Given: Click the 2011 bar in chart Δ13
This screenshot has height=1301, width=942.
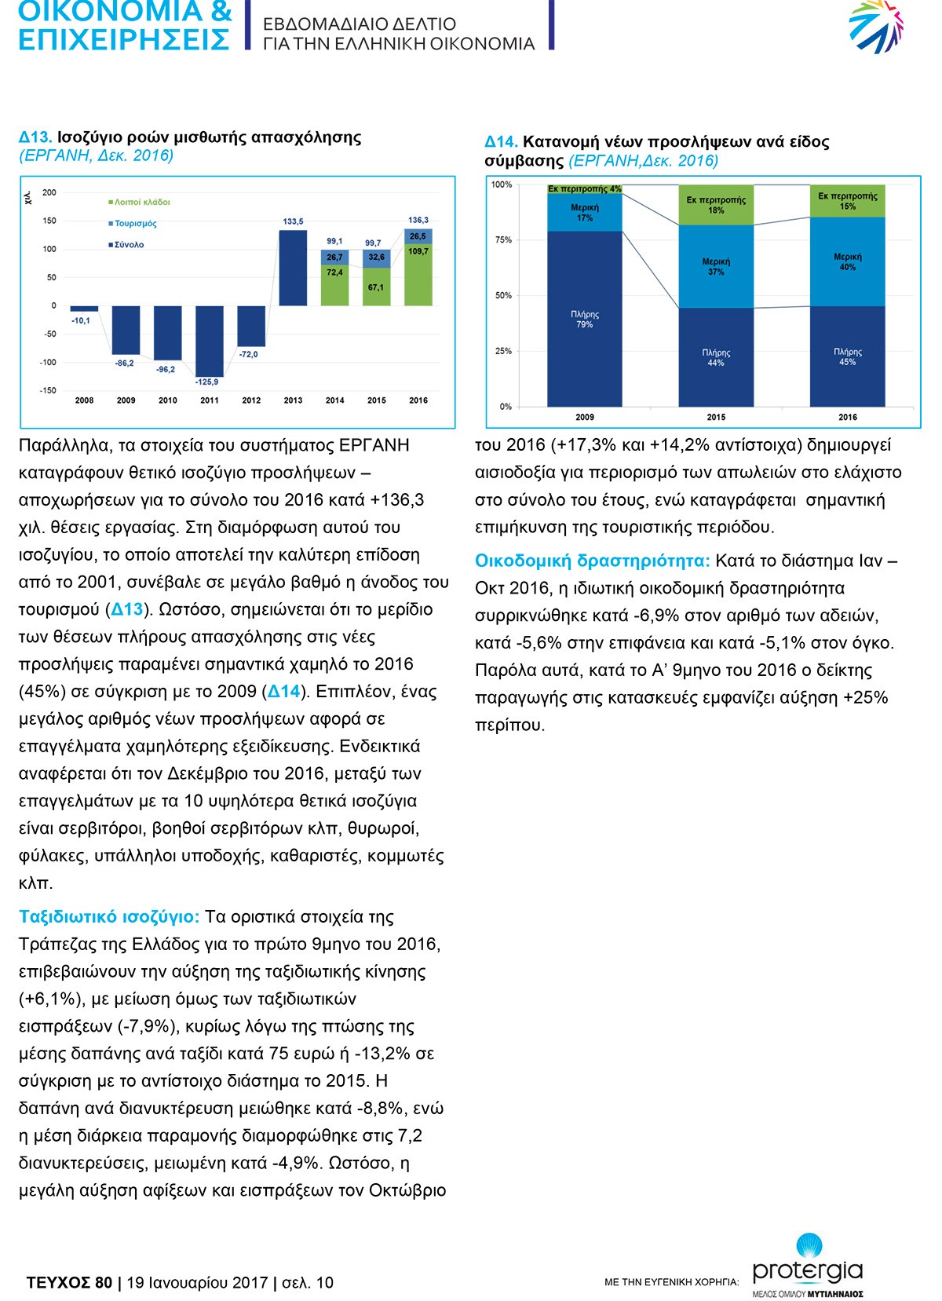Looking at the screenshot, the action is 210,342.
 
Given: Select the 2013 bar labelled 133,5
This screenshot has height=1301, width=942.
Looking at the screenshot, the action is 294,268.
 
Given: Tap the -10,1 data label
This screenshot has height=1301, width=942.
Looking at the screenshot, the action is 81,320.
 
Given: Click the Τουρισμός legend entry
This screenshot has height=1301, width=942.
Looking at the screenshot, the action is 133,224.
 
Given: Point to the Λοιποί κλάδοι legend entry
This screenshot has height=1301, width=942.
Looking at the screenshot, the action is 140,202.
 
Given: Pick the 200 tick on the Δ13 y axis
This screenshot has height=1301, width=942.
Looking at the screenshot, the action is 49,192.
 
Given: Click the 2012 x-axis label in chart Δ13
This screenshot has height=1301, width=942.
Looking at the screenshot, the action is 251,400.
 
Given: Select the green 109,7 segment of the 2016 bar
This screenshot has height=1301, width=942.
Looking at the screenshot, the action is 418,275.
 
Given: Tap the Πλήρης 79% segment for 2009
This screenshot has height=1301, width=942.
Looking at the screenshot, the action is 585,319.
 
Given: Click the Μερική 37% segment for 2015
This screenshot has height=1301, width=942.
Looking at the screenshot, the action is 716,267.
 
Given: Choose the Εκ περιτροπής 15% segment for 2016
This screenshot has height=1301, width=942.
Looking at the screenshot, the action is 848,201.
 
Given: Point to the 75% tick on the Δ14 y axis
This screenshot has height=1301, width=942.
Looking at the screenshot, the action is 503,240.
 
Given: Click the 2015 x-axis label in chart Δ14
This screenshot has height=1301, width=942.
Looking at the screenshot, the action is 716,417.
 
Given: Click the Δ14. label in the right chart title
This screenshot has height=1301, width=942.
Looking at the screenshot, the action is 501,141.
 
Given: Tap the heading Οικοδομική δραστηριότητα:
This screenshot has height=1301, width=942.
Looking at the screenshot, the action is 593,561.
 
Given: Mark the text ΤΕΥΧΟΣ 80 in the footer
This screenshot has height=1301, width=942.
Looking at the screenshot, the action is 69,1282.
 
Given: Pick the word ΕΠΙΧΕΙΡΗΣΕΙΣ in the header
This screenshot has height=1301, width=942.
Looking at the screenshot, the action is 124,39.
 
